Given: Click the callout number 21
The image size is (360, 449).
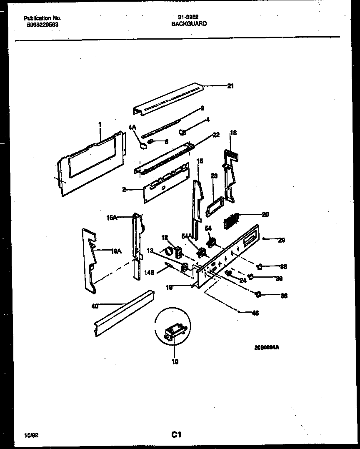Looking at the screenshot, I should pos(230,86).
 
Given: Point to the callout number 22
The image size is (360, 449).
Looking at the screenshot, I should pos(216,135).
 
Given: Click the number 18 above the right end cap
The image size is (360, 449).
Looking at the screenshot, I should pos(233,133).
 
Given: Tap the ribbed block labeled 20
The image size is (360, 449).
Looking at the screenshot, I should pos(230,219).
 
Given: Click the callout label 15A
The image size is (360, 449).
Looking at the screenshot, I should pos(111,217).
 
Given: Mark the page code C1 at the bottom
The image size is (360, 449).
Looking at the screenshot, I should pos(176,435).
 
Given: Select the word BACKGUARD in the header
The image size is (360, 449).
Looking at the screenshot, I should pos(189,24).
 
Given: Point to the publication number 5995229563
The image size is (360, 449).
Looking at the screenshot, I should pos(41,25).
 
